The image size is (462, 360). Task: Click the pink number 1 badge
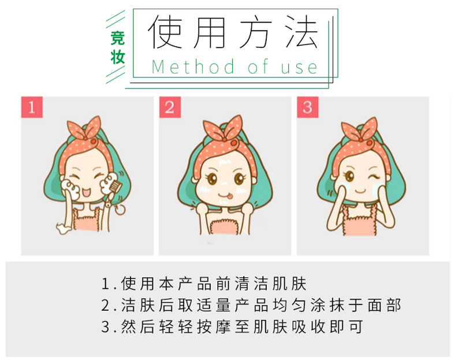point(32,107)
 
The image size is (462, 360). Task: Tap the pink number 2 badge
point(170,107)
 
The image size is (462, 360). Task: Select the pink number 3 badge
point(308,107)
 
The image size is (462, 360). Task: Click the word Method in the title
point(193,67)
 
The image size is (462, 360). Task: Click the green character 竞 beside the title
point(118,38)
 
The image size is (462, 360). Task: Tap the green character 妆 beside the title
point(118,57)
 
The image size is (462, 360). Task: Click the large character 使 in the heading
point(165,32)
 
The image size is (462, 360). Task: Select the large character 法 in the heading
point(301,32)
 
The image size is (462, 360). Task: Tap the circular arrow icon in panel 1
point(120,210)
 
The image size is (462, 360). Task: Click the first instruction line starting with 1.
point(204,284)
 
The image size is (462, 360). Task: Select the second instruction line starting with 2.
point(251,305)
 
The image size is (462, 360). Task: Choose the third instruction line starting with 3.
point(232,326)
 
